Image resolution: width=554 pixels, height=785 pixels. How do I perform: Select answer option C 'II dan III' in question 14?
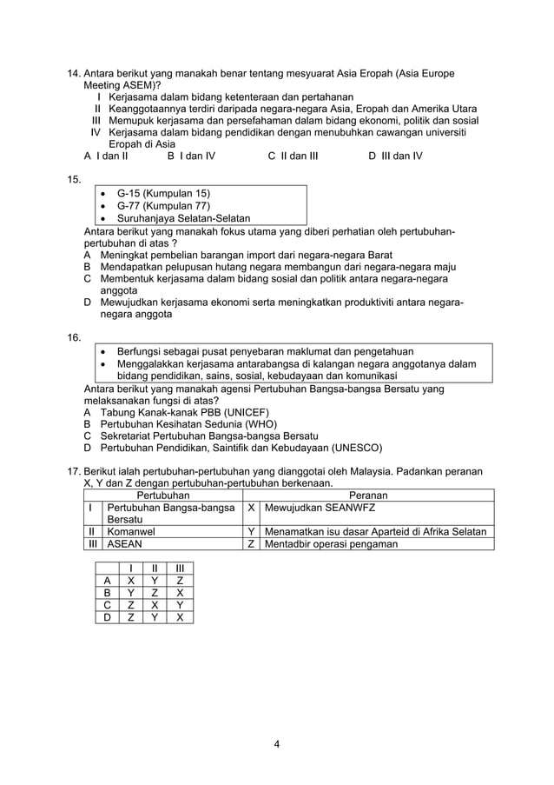[293, 156]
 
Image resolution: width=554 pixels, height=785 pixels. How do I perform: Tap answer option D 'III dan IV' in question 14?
[395, 156]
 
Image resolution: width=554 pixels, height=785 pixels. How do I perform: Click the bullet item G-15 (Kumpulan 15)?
[163, 192]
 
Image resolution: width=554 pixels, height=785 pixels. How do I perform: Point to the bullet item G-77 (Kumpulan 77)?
[163, 205]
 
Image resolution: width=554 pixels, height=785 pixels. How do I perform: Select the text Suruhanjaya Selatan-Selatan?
[183, 218]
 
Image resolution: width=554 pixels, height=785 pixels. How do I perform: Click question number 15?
[73, 180]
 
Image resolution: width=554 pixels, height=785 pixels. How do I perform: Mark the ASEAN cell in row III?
[123, 544]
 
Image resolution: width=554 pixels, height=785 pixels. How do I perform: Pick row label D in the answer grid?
[106, 617]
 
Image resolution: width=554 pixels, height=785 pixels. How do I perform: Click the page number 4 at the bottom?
[276, 743]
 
